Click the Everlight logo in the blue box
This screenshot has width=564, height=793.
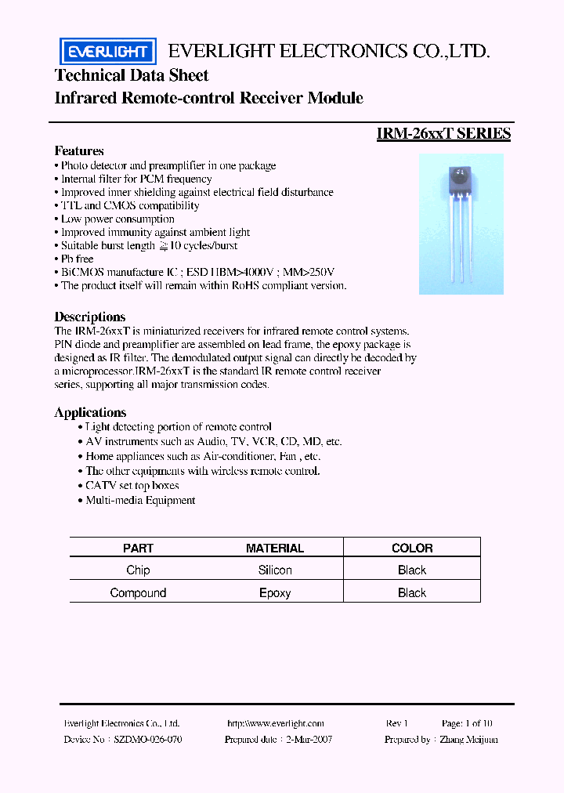click(107, 53)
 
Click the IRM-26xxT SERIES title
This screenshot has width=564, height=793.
click(443, 134)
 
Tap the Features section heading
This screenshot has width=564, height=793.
click(79, 150)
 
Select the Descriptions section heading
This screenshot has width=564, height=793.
click(89, 317)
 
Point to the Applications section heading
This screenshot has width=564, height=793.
click(90, 412)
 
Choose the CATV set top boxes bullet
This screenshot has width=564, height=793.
click(132, 486)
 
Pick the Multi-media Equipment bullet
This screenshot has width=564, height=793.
click(140, 500)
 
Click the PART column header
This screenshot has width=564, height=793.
click(138, 549)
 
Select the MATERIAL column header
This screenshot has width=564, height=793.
click(275, 549)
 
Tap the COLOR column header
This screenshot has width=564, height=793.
click(412, 549)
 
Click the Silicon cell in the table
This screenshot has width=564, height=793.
click(275, 570)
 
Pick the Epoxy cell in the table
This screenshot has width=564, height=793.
click(275, 593)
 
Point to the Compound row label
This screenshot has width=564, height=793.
click(138, 593)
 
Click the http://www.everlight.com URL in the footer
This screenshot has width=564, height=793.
click(275, 723)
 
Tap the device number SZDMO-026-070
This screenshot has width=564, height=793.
click(148, 739)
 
